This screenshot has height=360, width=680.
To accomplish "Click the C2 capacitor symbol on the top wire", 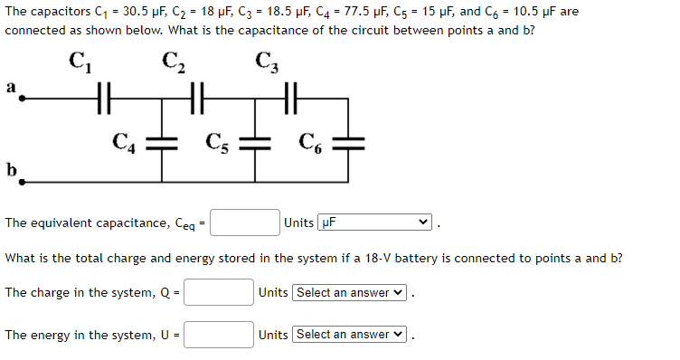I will [x=198, y=93].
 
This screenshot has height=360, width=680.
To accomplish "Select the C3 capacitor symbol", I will [x=290, y=93].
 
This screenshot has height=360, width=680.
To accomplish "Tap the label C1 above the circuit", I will [x=78, y=62].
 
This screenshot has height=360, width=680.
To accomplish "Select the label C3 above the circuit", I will [x=267, y=62].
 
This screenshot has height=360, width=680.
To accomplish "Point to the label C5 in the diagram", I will [x=217, y=141].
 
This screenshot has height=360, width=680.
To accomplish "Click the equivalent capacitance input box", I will [x=246, y=223].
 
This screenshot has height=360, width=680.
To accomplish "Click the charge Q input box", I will [x=220, y=292].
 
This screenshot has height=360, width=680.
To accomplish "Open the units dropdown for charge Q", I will [x=350, y=292].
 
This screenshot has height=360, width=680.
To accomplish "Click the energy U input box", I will [x=220, y=335].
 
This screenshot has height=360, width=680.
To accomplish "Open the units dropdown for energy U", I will [x=350, y=335].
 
